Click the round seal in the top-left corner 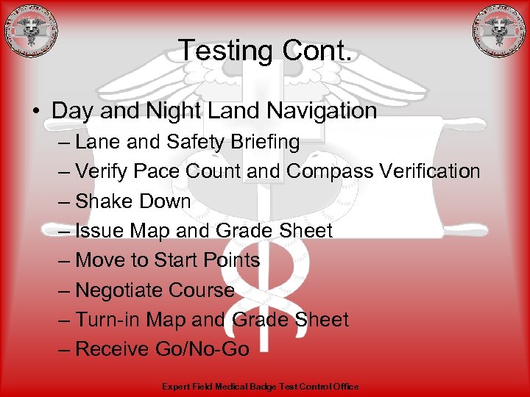tap(30, 31)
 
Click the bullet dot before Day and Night tap(35, 112)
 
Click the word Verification tap(431, 171)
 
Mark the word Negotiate tap(120, 290)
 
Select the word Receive tap(112, 349)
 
